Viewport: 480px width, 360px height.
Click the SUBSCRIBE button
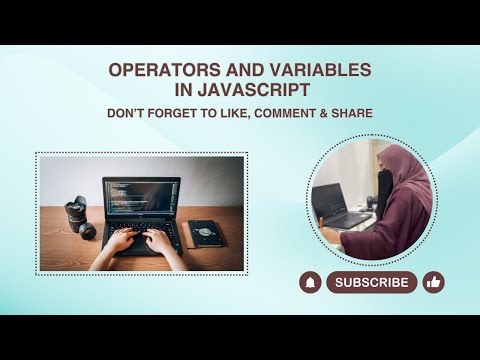click(x=372, y=282)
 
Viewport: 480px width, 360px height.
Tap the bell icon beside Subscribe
click(x=310, y=282)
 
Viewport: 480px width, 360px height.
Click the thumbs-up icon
click(x=433, y=282)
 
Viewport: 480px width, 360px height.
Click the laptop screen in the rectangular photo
click(x=141, y=199)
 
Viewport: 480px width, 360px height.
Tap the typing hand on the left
click(x=119, y=241)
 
